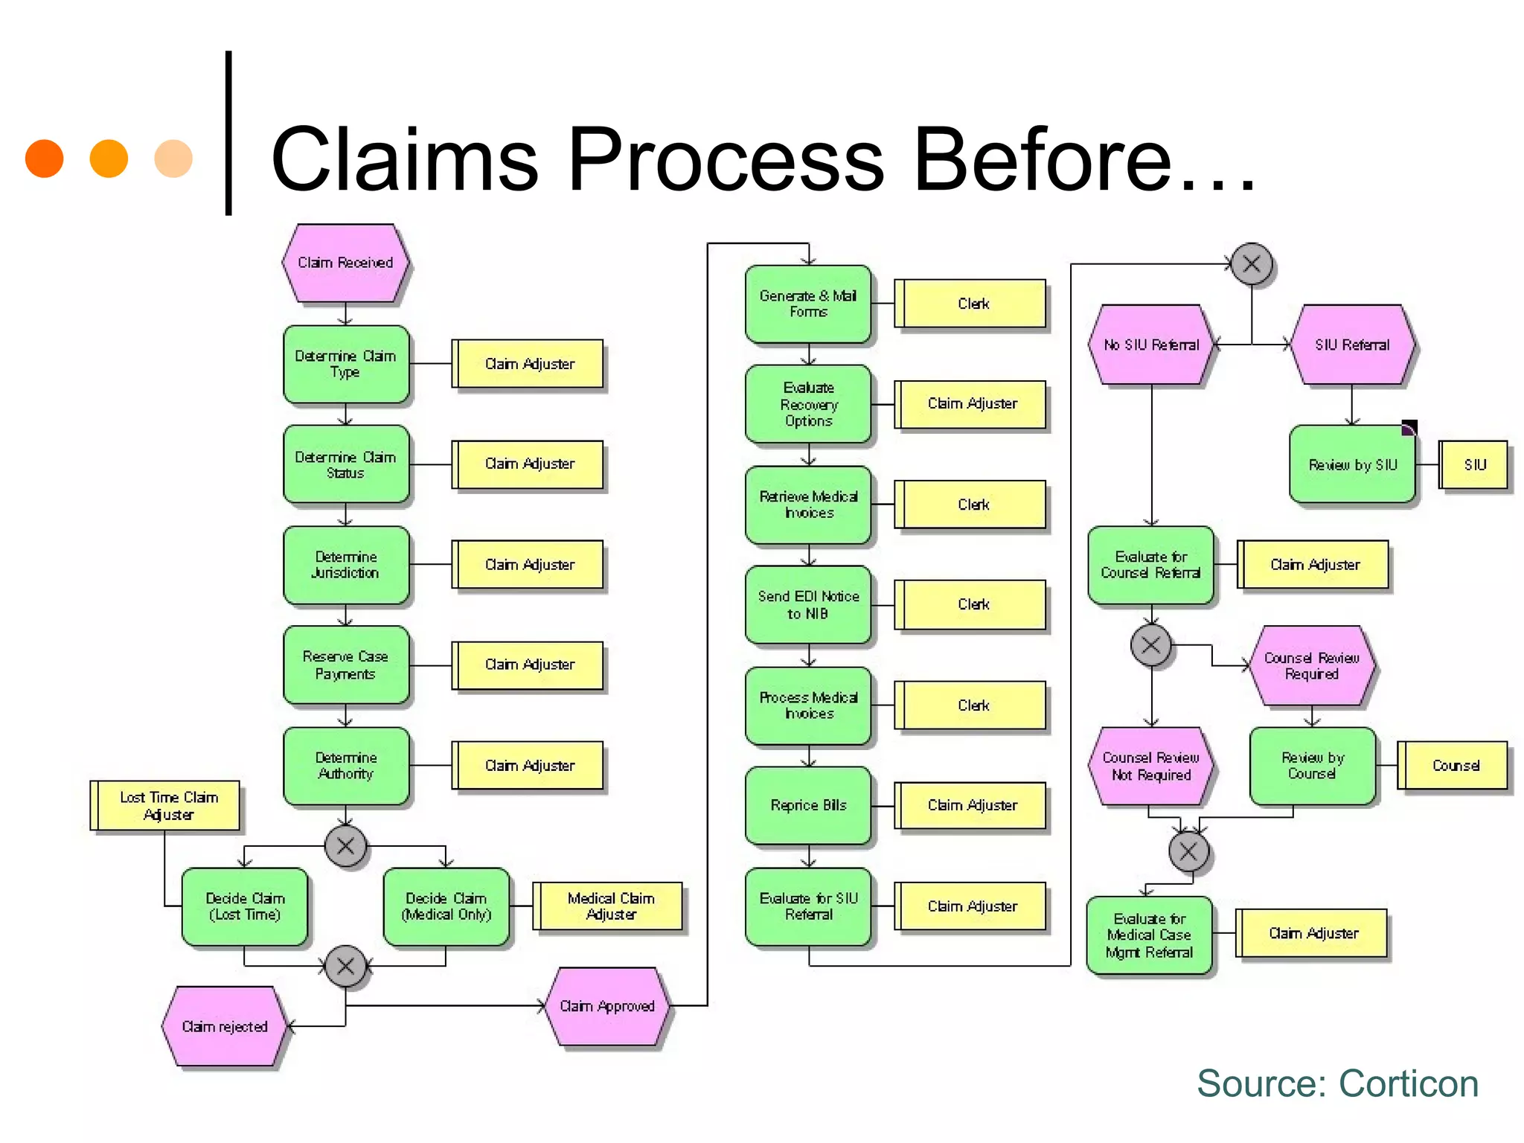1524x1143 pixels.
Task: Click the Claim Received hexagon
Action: point(345,263)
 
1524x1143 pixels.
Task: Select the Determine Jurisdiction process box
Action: point(346,565)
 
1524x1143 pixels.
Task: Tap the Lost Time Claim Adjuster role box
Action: point(166,805)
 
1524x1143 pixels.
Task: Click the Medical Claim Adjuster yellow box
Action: point(609,906)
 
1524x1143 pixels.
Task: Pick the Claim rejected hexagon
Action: point(225,1026)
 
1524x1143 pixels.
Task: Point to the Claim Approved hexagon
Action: point(606,1006)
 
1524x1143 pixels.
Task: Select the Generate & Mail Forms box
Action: point(808,304)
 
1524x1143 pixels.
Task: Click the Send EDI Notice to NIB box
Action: point(808,605)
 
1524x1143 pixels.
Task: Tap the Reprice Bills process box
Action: point(808,805)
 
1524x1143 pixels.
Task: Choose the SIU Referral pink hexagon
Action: point(1351,345)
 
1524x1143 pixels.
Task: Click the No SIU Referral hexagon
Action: point(1151,345)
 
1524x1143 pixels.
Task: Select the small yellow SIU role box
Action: point(1474,465)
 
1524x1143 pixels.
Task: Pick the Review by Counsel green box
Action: point(1313,766)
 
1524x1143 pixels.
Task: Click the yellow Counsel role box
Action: point(1454,766)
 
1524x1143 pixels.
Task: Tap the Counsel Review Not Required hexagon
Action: point(1150,766)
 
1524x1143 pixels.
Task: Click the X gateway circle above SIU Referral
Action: point(1252,263)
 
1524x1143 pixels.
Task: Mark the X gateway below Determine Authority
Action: point(346,846)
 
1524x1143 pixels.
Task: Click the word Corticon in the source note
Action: point(1408,1083)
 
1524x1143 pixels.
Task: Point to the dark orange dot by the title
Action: point(44,159)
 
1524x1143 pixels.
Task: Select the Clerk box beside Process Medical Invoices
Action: point(972,705)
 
